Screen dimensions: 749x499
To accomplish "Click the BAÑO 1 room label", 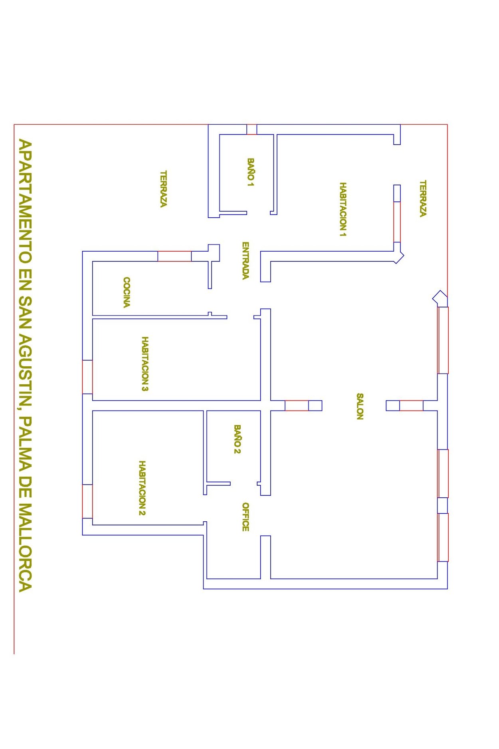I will click(x=250, y=173).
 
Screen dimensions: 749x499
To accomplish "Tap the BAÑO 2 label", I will click(x=237, y=439).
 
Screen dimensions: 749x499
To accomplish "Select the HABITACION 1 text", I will click(x=343, y=209).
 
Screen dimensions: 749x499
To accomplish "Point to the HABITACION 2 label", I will click(x=142, y=488).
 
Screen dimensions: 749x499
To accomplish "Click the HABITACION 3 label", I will click(x=145, y=364).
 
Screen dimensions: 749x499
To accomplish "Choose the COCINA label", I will click(x=126, y=292).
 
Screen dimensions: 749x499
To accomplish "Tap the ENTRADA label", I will click(x=246, y=260).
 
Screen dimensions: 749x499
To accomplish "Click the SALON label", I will click(x=360, y=406).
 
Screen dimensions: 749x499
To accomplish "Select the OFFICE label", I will click(x=246, y=517).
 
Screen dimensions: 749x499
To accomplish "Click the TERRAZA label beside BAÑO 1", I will click(x=163, y=189).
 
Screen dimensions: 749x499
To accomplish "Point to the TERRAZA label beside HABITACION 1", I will click(x=423, y=199).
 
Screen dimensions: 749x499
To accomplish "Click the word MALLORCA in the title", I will click(x=25, y=547).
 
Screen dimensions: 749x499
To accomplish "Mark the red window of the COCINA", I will click(x=174, y=256).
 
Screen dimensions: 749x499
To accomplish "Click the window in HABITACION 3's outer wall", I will click(x=87, y=377).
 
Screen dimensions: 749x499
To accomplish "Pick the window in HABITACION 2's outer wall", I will click(x=87, y=501).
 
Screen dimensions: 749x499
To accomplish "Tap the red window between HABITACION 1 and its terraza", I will click(x=397, y=222).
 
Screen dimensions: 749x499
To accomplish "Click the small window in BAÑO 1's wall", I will click(x=251, y=129).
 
